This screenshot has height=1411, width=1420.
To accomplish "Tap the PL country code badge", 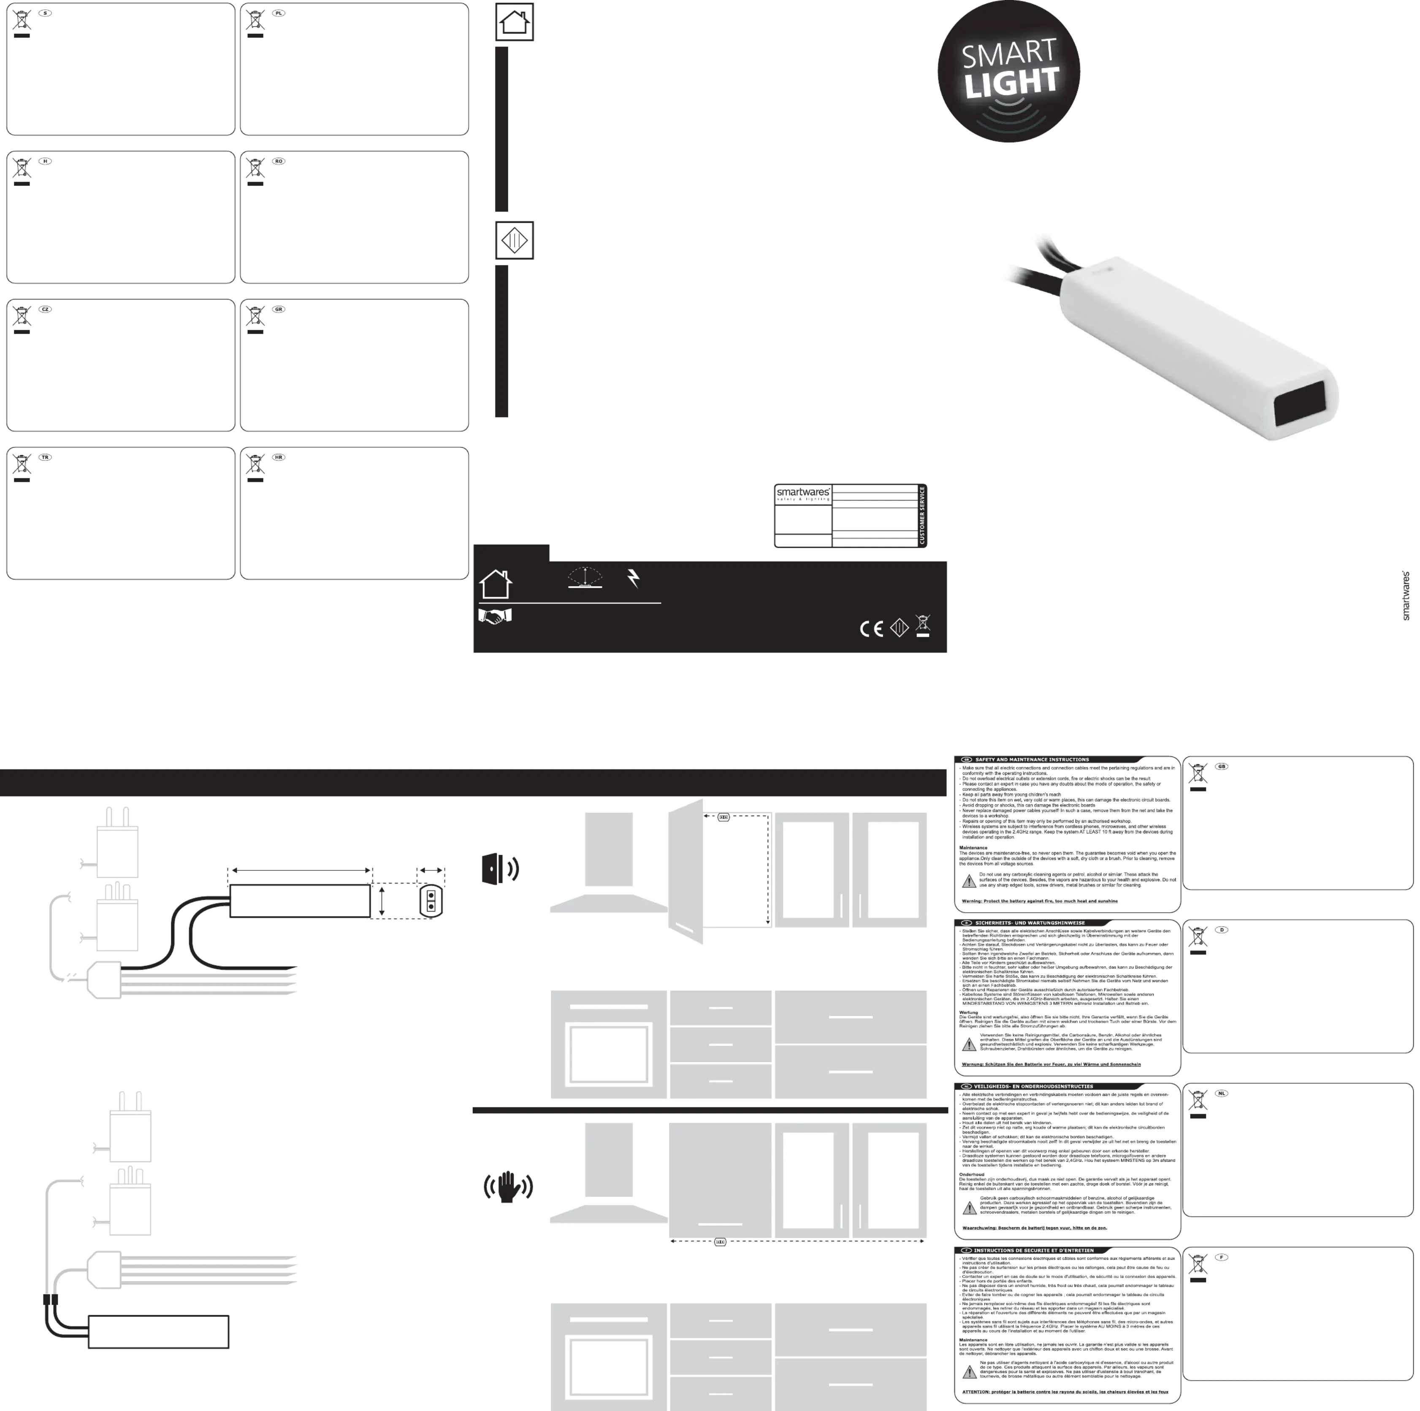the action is point(279,13).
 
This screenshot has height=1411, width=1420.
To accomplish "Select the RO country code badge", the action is point(279,161).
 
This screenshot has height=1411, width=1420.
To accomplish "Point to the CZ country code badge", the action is point(45,310).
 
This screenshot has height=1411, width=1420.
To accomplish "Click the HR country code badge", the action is point(279,457).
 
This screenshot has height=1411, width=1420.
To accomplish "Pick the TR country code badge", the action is point(45,457).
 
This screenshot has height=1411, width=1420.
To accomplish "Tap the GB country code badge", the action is point(1222,766).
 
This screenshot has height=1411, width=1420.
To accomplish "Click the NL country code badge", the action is point(1222,1093).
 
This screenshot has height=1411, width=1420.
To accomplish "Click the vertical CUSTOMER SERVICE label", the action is point(922,515).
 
